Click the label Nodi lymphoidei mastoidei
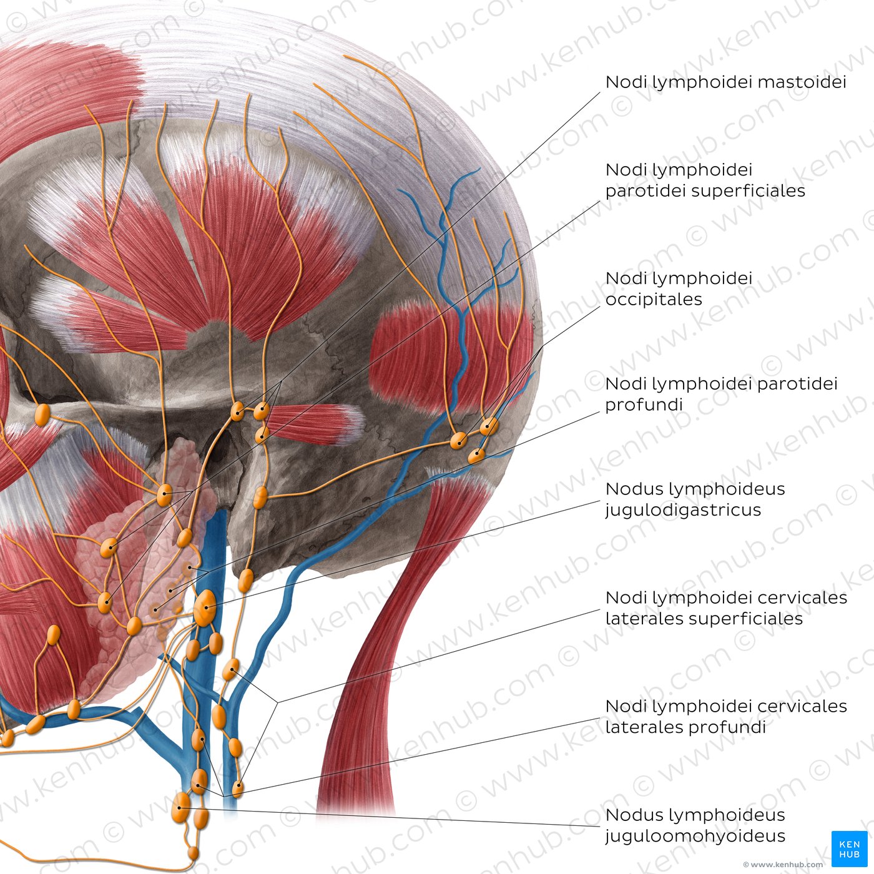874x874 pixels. (725, 82)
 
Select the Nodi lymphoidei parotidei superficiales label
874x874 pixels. (705, 180)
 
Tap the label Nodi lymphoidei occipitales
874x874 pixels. (679, 289)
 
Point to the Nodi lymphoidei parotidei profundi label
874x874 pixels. (721, 394)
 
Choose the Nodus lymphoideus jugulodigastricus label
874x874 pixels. (695, 499)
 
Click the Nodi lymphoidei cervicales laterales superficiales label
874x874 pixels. (726, 608)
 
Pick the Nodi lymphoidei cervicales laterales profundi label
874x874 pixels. (726, 717)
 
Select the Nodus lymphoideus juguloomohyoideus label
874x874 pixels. (695, 825)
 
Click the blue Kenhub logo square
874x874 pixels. (850, 849)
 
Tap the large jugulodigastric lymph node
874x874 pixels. (205, 608)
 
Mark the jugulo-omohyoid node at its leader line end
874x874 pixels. (180, 807)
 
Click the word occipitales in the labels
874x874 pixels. (654, 300)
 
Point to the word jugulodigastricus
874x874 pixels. (683, 510)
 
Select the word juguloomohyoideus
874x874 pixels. (695, 836)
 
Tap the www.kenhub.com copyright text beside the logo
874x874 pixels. (783, 865)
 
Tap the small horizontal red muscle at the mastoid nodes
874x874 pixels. (313, 423)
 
